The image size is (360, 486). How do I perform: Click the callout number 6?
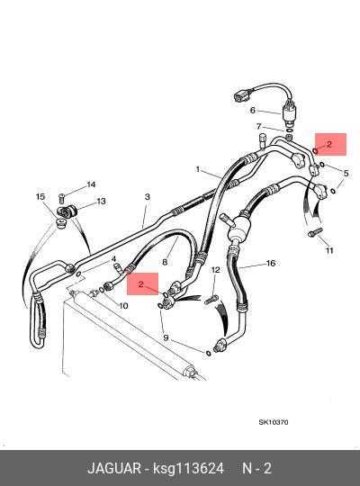[x=253, y=110]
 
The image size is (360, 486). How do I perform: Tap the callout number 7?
[x=258, y=126]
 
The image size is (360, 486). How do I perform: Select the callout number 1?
[x=198, y=169]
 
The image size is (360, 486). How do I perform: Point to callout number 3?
[x=148, y=196]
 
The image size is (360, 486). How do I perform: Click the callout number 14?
[x=91, y=184]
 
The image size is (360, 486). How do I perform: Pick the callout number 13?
[x=102, y=202]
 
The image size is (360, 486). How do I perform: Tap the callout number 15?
[x=40, y=196]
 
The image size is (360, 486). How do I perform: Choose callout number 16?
[x=271, y=264]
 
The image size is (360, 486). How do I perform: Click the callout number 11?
[x=329, y=250]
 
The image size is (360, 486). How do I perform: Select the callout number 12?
[x=215, y=270]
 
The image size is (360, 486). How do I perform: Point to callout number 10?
[x=123, y=306]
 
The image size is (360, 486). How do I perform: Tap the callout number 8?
[x=165, y=262]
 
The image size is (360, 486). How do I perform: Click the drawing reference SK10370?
[x=274, y=422]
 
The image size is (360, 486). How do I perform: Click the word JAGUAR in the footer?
[x=114, y=468]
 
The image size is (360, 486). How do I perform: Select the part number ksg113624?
[x=188, y=468]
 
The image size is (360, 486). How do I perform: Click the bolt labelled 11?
[x=315, y=232]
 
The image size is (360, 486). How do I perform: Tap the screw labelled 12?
[x=211, y=300]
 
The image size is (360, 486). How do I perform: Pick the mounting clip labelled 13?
[x=67, y=211]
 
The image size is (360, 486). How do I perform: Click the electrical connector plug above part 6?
[x=242, y=95]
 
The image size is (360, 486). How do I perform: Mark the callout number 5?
[x=346, y=174]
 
